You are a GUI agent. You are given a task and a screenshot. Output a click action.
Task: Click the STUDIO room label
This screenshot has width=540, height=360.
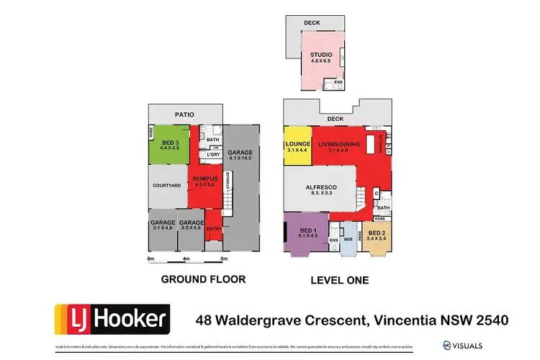point(321,54)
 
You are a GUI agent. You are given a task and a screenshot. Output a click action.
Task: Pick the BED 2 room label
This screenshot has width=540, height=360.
point(377,233)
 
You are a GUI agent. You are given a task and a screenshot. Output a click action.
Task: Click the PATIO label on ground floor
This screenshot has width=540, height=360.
point(184,113)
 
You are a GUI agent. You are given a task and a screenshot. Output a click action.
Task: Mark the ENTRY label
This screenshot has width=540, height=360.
point(214,229)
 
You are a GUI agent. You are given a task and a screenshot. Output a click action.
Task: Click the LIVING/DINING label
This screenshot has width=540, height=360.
point(340,145)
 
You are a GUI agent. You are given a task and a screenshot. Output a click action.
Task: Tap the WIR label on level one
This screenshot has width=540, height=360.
point(347,240)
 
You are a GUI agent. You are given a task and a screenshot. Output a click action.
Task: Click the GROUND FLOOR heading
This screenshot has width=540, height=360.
point(202,279)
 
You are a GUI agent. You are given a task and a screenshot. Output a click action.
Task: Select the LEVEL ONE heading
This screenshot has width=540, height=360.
point(341,279)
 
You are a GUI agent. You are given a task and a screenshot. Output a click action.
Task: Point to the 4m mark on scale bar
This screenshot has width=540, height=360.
point(186,258)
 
